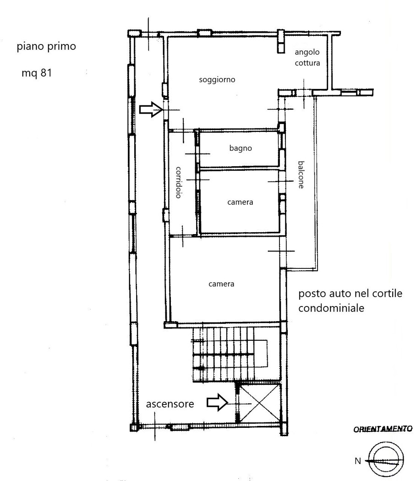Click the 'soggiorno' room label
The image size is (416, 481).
tap(217, 80)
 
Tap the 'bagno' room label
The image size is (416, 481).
tap(241, 148)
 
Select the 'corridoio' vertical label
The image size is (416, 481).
tap(179, 182)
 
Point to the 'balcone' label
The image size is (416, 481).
tap(301, 175)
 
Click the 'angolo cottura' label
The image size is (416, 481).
tap(307, 57)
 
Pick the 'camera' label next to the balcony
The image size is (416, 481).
tap(240, 202)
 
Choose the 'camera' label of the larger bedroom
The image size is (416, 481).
tap(221, 284)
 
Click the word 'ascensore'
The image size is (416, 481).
tap(170, 404)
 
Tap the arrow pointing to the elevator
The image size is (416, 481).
tap(217, 402)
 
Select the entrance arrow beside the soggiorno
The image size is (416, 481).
tap(151, 109)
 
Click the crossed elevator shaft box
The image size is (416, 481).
tap(259, 403)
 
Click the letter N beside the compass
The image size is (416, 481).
tap(358, 461)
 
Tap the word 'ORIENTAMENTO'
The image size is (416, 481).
tap(383, 429)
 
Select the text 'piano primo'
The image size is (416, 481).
tap(46, 47)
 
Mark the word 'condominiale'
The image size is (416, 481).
tap(331, 308)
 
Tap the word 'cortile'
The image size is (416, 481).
tap(387, 294)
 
